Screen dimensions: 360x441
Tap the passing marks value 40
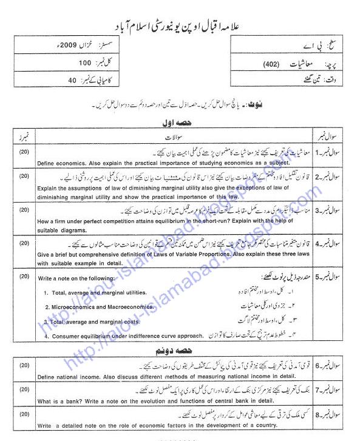click(72, 80)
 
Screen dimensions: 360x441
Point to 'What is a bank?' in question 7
click(61, 401)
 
